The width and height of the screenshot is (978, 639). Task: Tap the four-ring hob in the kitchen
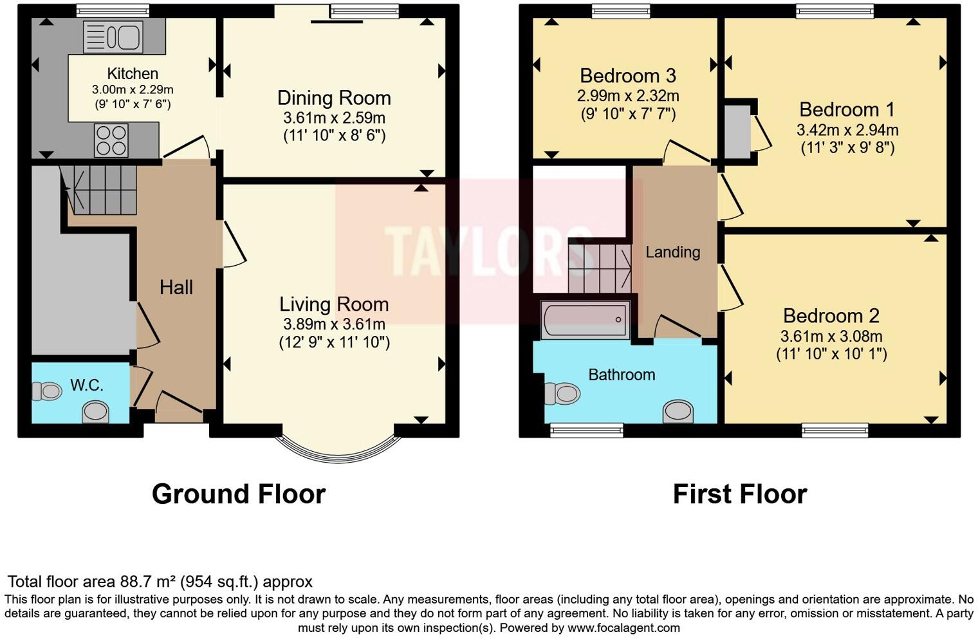tap(111, 140)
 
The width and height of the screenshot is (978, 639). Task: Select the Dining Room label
tap(334, 98)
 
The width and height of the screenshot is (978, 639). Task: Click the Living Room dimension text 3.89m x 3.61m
tap(334, 324)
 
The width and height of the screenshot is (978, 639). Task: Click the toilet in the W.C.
tap(47, 391)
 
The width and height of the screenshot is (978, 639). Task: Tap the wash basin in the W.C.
tap(96, 411)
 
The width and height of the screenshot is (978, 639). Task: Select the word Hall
tap(176, 287)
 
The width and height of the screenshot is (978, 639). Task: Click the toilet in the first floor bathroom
tap(562, 393)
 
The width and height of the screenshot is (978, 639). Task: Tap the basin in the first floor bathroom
tap(679, 411)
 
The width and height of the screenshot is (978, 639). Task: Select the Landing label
tap(672, 252)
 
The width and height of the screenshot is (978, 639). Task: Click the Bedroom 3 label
tap(627, 76)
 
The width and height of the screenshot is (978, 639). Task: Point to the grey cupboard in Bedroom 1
tap(737, 132)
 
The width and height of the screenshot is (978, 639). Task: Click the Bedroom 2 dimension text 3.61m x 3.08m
tap(831, 336)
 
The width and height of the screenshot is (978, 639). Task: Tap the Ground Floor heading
tap(239, 494)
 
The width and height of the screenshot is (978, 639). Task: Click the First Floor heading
tap(739, 494)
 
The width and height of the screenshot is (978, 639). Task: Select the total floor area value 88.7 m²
tap(148, 582)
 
